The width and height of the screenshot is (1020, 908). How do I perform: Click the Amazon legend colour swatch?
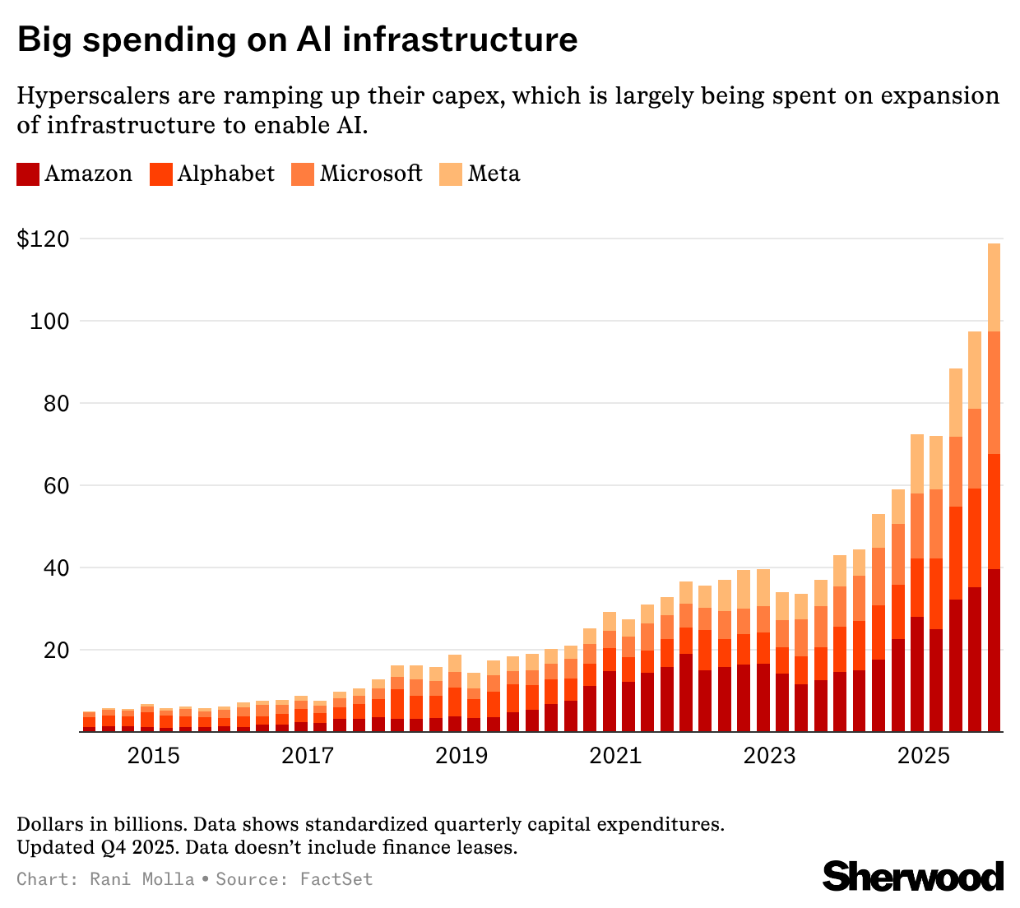tap(28, 174)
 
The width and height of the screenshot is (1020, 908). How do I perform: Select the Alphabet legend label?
tap(226, 174)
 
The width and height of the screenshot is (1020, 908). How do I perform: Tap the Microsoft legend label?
tap(371, 174)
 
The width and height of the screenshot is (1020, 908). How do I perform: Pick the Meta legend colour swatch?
tap(451, 174)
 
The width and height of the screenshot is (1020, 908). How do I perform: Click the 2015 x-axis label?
tap(154, 756)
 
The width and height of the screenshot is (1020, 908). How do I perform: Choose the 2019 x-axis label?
tap(461, 756)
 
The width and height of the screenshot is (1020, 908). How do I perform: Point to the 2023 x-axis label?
tap(770, 756)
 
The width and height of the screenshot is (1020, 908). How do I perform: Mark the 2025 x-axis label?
tap(924, 756)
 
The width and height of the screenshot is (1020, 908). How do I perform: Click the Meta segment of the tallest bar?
tap(994, 287)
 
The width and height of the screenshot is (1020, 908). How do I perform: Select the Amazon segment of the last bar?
tap(994, 650)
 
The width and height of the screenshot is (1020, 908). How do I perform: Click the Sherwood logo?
tap(913, 877)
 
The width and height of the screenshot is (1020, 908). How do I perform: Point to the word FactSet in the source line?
tap(336, 879)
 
